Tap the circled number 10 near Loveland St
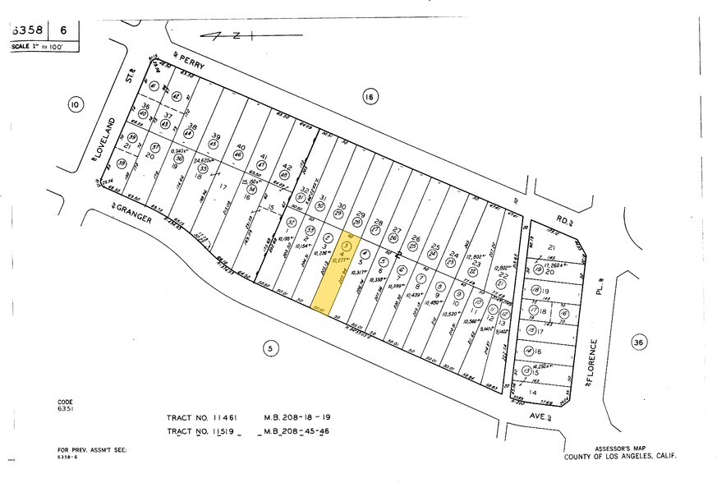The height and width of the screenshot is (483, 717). click(x=76, y=104)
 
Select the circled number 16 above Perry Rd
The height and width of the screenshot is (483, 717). click(x=369, y=97)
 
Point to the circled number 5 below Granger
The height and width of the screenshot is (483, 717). click(x=269, y=348)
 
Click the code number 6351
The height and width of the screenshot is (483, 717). click(x=66, y=407)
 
